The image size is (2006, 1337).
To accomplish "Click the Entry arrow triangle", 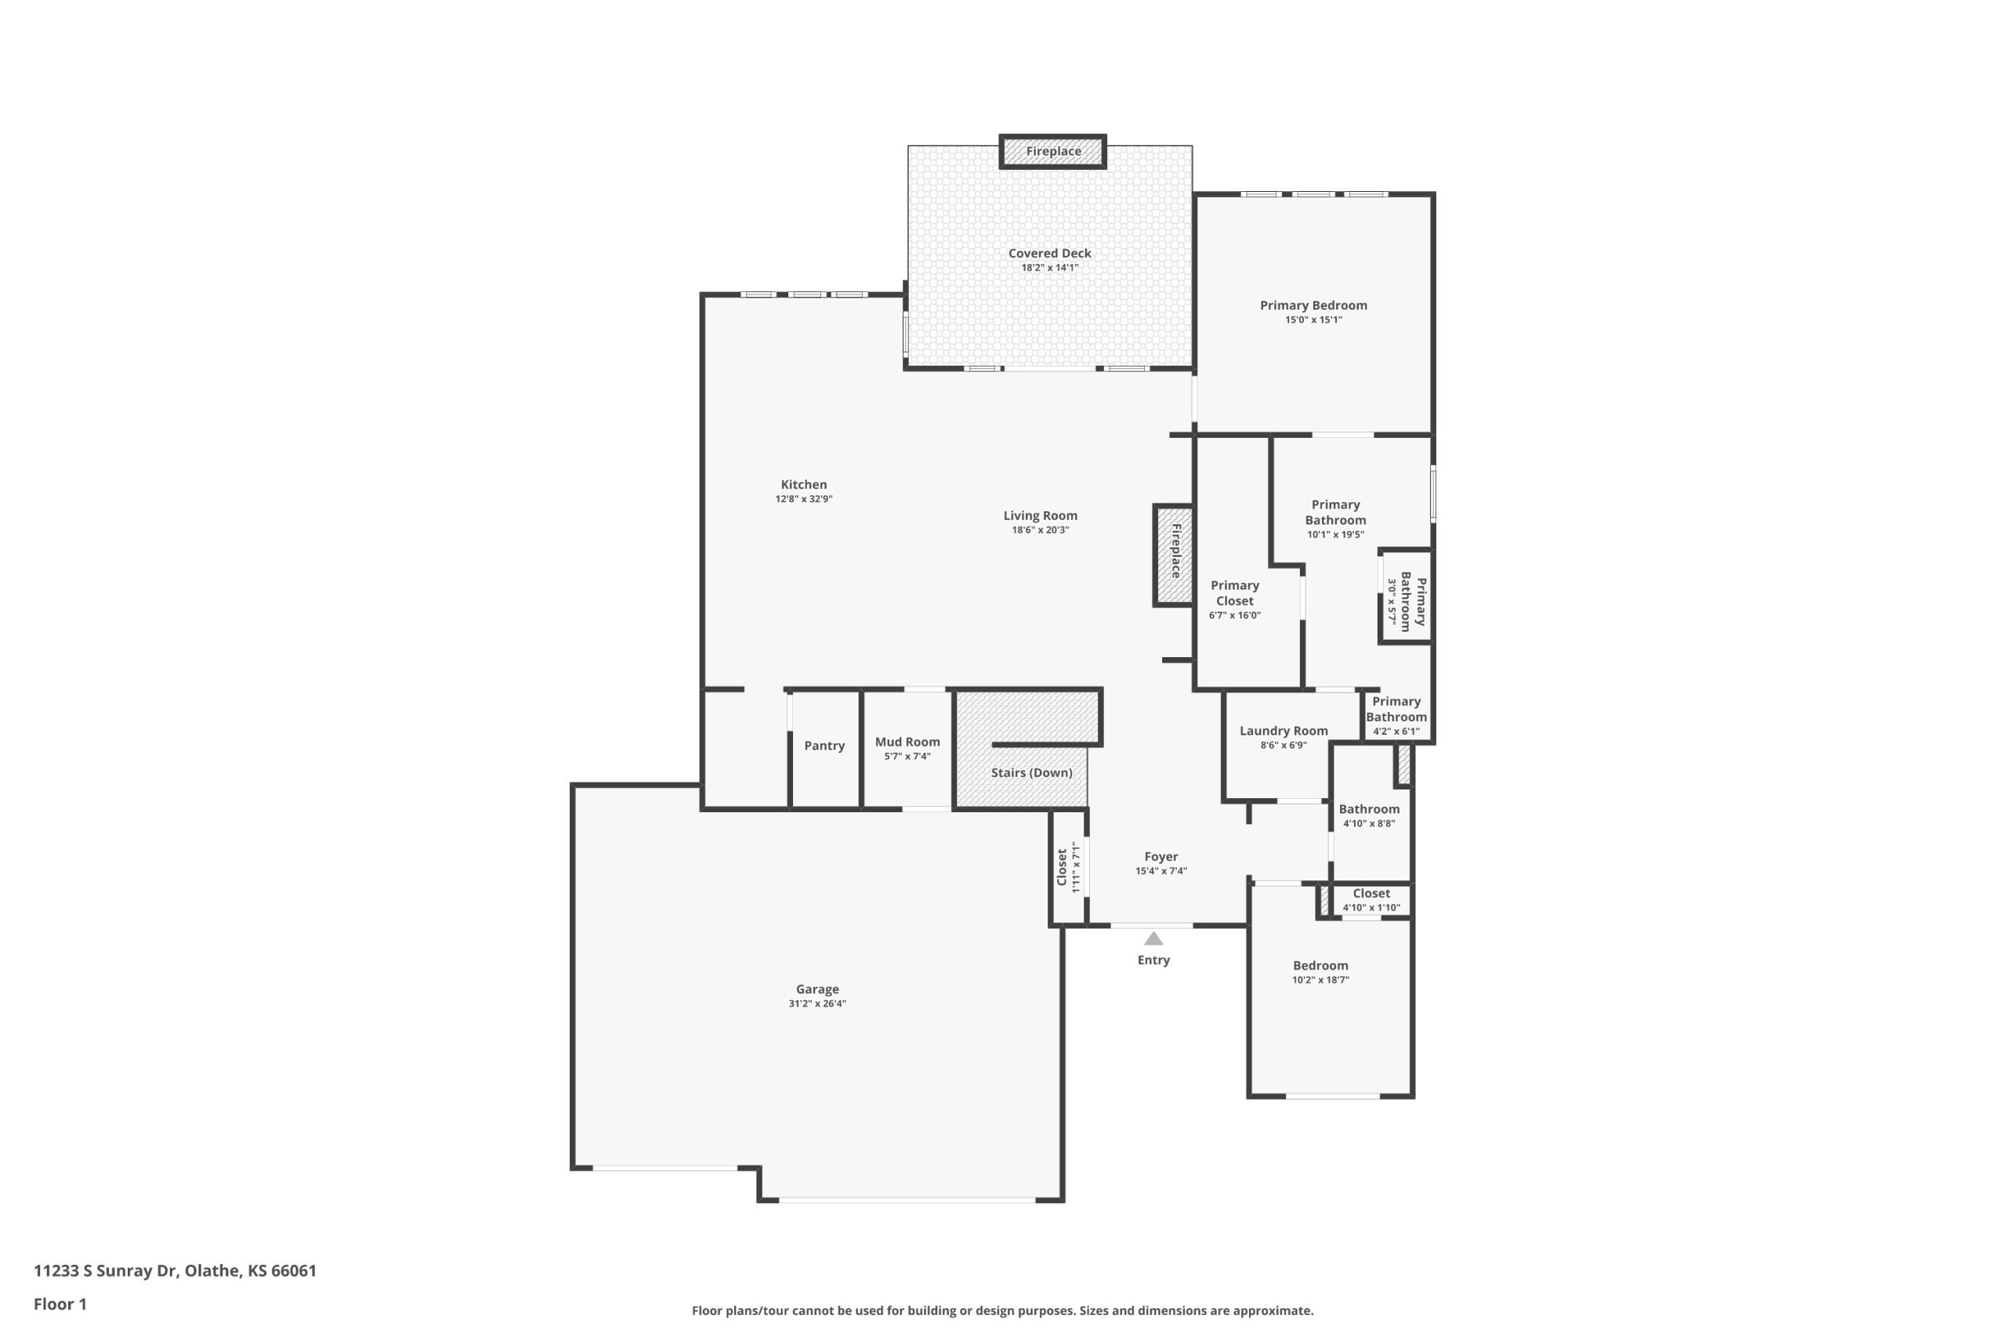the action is point(1153,939).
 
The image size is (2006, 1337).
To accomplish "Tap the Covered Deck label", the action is point(1049,253).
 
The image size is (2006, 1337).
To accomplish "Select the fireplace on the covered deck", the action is point(1052,152).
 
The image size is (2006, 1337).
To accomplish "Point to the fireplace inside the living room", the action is point(1174,555).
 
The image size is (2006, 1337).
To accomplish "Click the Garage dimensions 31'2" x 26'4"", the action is point(817,1003).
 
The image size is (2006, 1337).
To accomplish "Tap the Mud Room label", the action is point(907,742).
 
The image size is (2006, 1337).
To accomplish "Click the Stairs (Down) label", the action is point(1031,772).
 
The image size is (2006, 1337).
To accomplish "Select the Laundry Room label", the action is point(1283,731).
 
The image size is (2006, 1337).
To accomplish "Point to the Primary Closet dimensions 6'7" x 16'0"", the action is point(1234,616).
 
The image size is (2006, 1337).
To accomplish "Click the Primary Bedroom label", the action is point(1313,305).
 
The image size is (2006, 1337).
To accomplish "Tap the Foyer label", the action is point(1161,857).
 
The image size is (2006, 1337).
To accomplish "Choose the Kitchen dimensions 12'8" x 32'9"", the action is point(803,499).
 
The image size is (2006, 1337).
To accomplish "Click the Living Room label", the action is point(1040,516).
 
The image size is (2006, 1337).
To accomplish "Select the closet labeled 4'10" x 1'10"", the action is point(1371,901).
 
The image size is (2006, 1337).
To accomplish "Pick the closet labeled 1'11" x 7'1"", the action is point(1068,867).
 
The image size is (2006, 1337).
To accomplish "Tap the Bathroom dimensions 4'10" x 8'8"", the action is point(1369,824).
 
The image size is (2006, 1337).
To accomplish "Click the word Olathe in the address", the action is point(212,1271).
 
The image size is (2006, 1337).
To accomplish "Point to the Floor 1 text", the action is point(60,1304).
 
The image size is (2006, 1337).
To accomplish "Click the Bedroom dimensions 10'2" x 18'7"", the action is point(1320,980).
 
